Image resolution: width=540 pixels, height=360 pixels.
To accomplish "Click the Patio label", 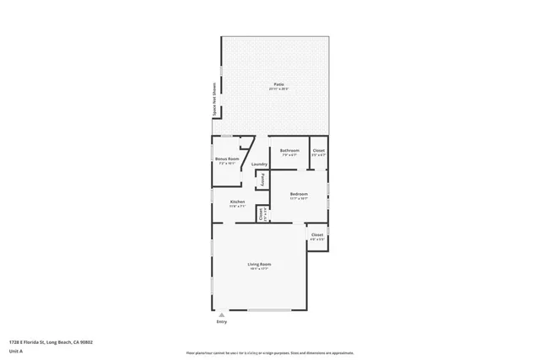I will [278, 83].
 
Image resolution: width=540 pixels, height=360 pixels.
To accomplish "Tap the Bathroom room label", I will [290, 150].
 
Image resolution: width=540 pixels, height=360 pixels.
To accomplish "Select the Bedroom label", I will [299, 194].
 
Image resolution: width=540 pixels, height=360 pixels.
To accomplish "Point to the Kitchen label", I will [238, 201].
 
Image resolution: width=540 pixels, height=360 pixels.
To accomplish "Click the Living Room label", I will [258, 265].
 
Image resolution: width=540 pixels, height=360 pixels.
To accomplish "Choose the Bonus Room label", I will [227, 159].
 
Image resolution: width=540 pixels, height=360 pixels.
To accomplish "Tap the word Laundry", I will [259, 164].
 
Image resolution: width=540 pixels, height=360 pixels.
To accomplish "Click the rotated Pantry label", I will [262, 180].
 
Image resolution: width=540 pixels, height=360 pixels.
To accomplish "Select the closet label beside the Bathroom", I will [318, 151].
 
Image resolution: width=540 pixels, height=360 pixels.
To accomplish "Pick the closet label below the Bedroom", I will [317, 234].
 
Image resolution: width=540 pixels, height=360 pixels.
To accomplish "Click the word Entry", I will [223, 322].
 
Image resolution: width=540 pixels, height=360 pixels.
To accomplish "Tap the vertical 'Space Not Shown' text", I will [214, 98].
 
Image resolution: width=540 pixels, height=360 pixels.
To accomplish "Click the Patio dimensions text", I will [278, 89].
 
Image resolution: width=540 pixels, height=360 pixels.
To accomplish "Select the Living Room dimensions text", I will [258, 270].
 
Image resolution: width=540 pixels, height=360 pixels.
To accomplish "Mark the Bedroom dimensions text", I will [299, 199].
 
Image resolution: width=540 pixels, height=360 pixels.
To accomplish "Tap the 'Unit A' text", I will [16, 351].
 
